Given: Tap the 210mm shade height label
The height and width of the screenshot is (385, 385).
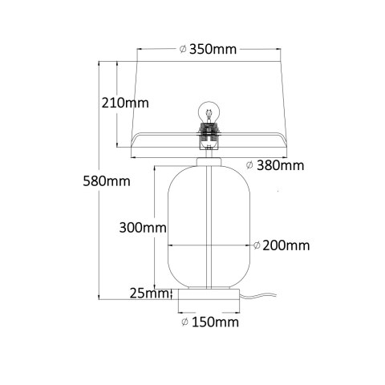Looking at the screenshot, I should pos(125,102).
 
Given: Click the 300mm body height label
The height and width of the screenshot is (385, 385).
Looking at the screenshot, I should pos(143,227).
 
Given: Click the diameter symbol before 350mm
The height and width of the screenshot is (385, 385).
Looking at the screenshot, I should pos(183,50).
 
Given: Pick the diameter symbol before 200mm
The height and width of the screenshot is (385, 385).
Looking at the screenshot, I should pos(257,245).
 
